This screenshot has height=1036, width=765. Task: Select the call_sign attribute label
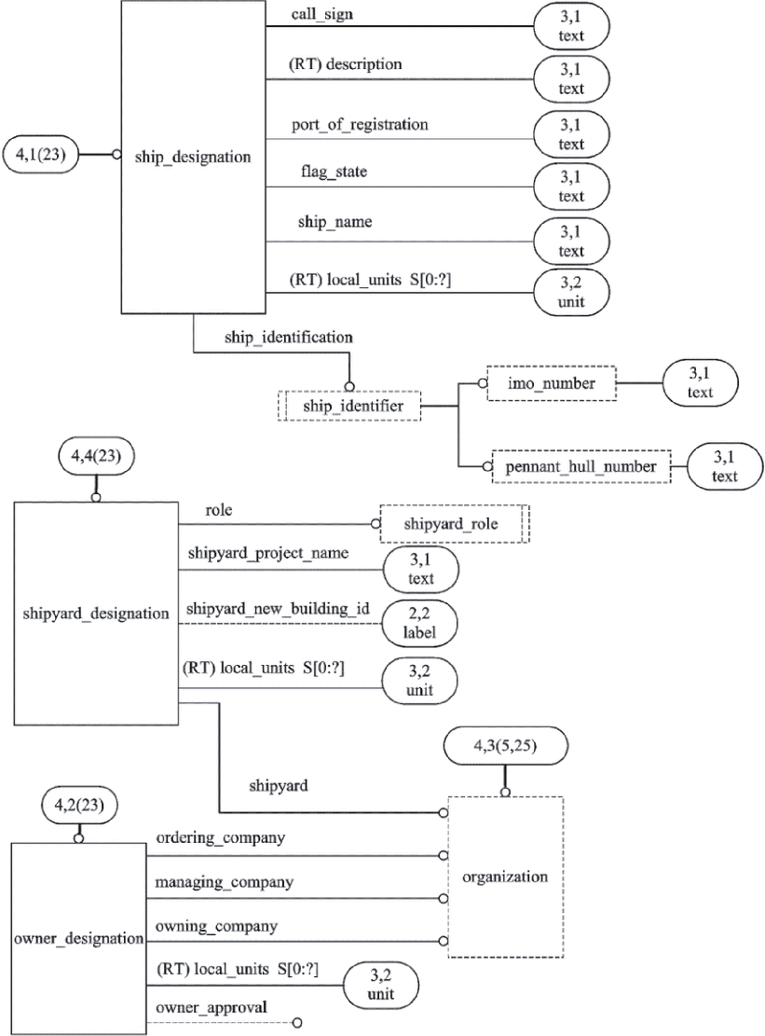click(322, 15)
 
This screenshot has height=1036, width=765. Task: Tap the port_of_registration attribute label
click(360, 124)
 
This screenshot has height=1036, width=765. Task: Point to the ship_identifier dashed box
click(349, 406)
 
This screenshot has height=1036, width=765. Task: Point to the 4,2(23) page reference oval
click(79, 802)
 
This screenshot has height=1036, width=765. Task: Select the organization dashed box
click(504, 877)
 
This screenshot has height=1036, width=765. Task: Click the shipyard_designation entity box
click(96, 613)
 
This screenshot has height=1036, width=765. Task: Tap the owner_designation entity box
click(79, 937)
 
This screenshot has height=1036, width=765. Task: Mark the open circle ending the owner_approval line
click(297, 1023)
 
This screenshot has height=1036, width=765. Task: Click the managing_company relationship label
click(225, 881)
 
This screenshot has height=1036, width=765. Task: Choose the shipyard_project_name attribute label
click(267, 553)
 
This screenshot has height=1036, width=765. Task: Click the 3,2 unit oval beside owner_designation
click(380, 987)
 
